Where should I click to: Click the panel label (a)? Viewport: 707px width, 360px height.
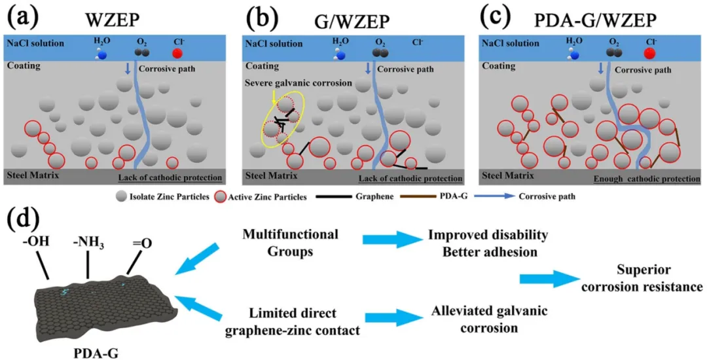pos(21,14)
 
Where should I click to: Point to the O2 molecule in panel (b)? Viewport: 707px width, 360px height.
pos(380,50)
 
